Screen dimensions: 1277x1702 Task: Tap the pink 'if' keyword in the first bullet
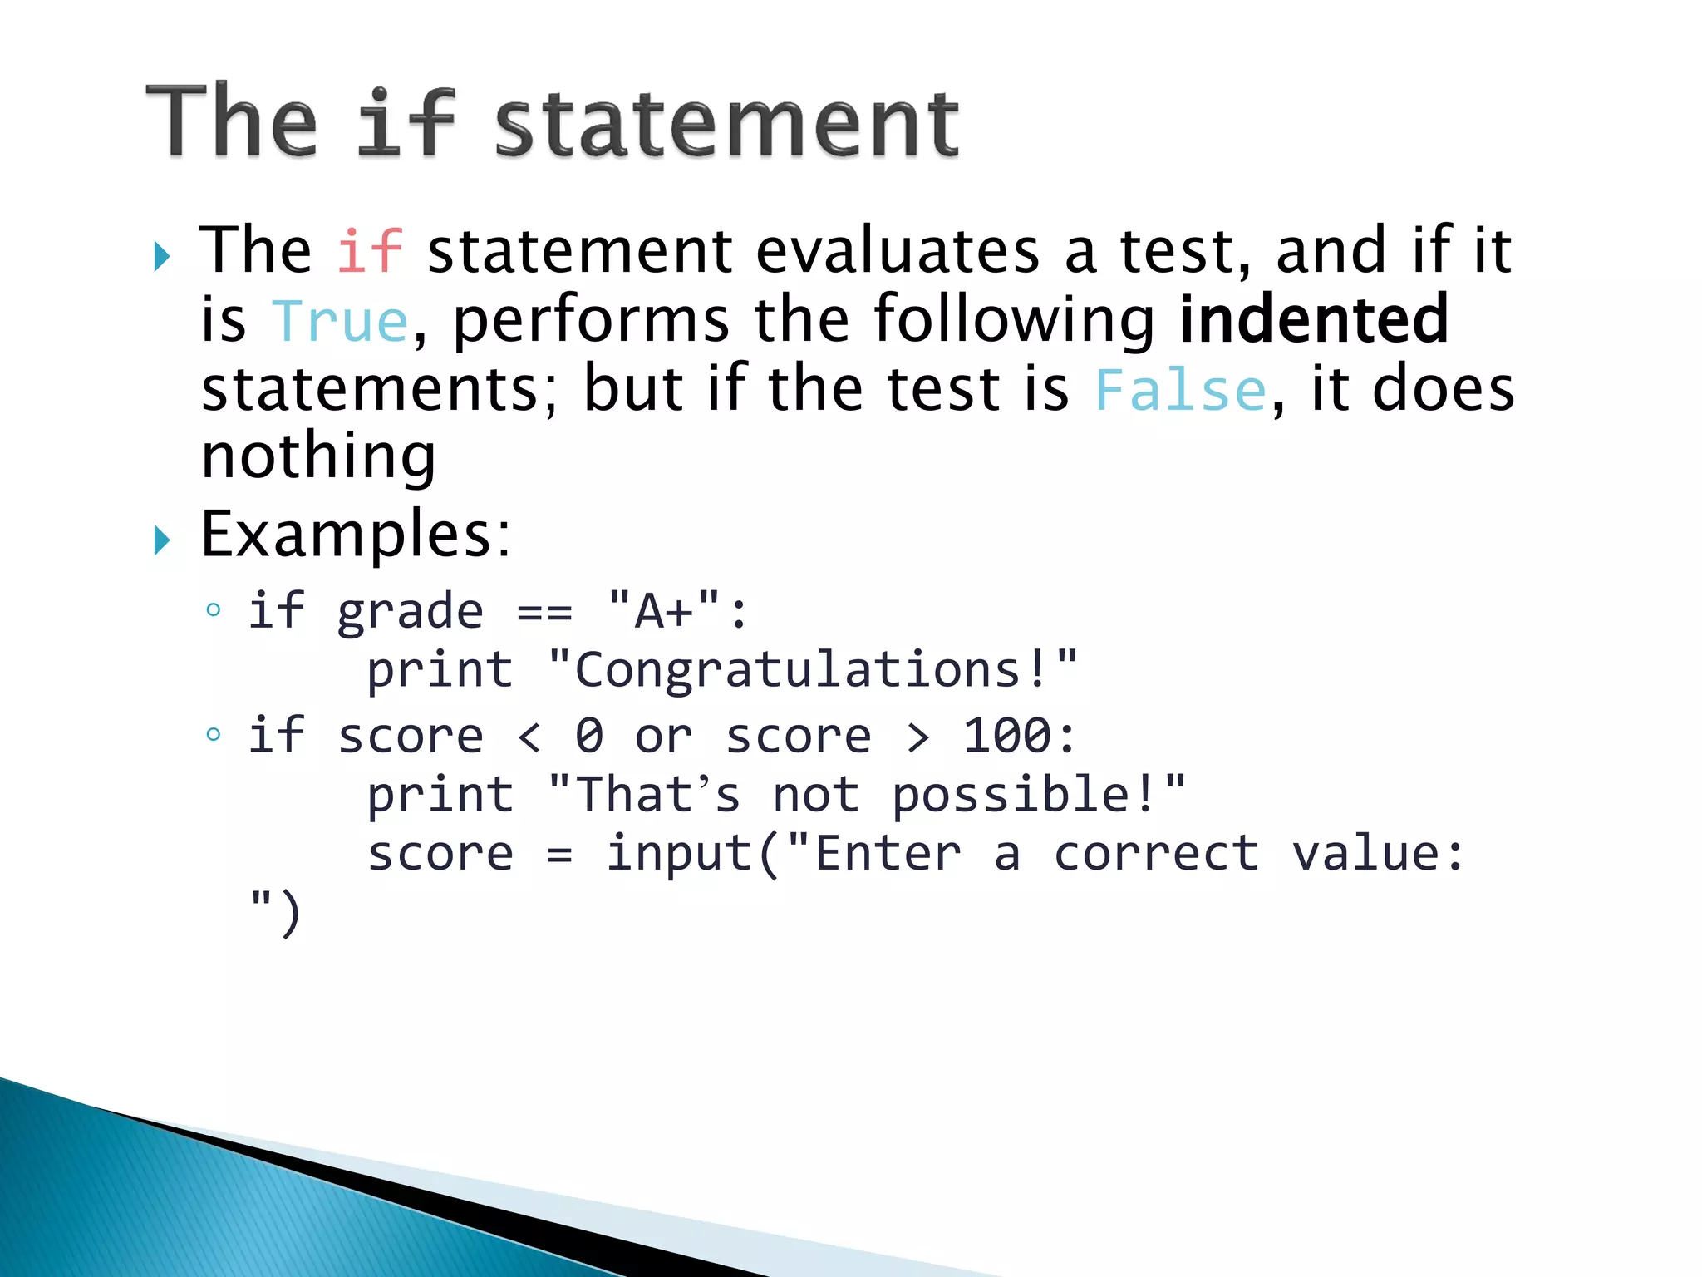point(370,250)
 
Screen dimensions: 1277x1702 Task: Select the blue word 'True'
point(340,321)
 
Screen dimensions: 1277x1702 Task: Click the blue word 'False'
point(1180,390)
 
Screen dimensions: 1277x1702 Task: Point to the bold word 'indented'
point(1314,319)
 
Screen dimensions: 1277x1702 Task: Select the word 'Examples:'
point(356,535)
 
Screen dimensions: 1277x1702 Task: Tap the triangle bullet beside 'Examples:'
point(162,540)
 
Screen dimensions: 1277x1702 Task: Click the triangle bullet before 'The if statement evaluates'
point(162,257)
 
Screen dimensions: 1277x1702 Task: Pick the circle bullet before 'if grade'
point(214,610)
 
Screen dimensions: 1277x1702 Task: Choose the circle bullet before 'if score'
point(214,734)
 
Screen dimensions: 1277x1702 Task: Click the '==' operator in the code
point(544,613)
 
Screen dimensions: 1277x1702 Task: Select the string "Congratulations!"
point(813,670)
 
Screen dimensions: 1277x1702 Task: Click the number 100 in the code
point(1006,736)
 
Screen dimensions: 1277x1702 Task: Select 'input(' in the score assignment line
point(693,855)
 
